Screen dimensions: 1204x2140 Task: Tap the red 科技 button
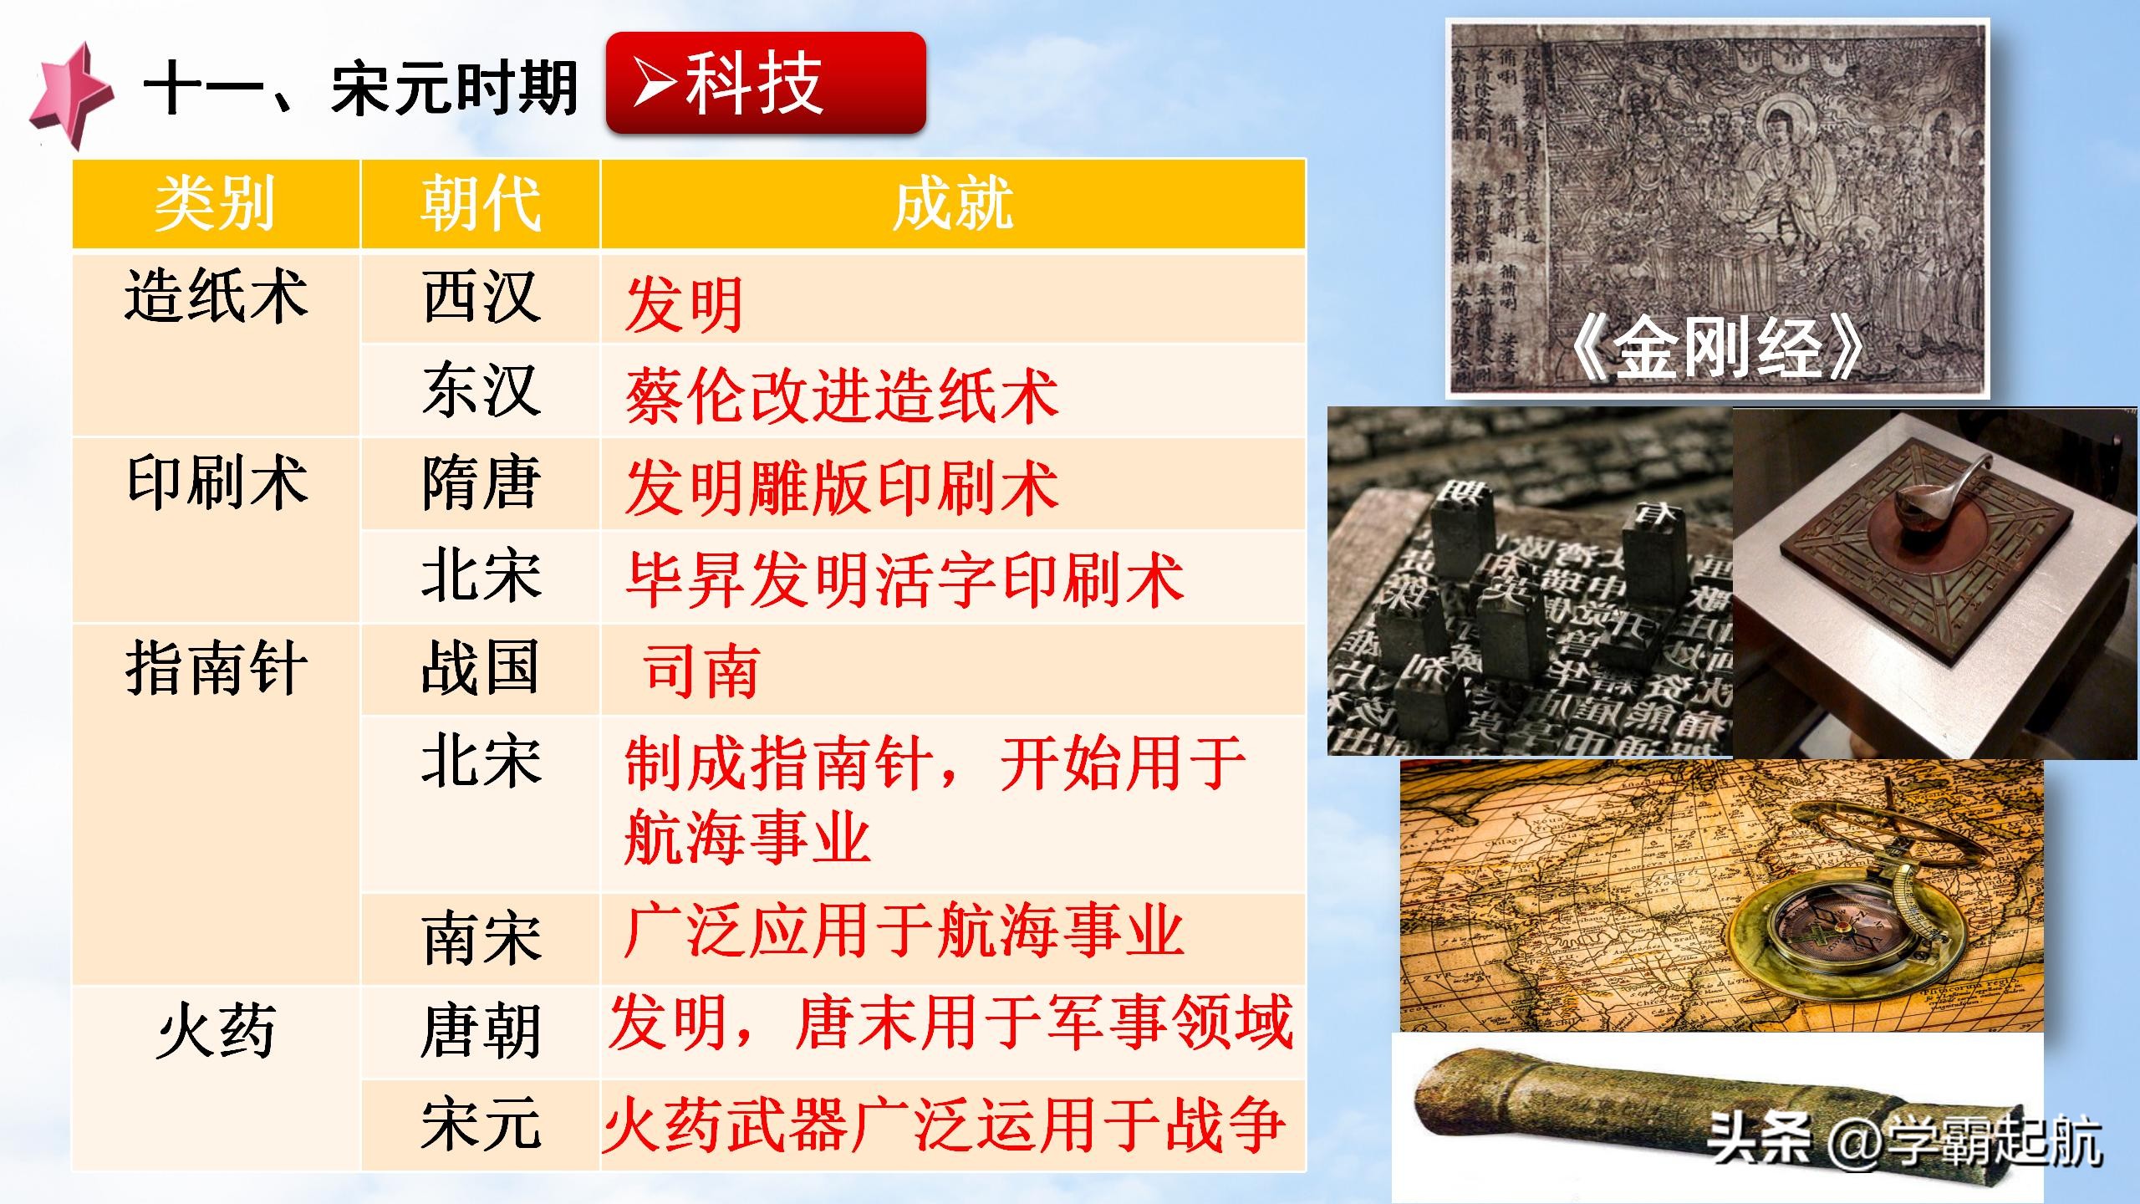click(765, 83)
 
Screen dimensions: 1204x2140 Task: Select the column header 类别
click(216, 204)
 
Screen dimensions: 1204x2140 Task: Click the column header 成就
click(953, 204)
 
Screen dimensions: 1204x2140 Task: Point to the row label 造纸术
click(216, 298)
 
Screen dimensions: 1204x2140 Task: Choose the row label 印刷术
click(216, 483)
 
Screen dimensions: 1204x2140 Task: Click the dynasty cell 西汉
click(481, 298)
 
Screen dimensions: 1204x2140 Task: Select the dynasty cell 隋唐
click(481, 483)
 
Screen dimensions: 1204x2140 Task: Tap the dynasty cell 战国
click(481, 669)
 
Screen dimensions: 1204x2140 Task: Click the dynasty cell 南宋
click(481, 938)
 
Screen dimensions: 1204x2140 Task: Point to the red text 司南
click(701, 671)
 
